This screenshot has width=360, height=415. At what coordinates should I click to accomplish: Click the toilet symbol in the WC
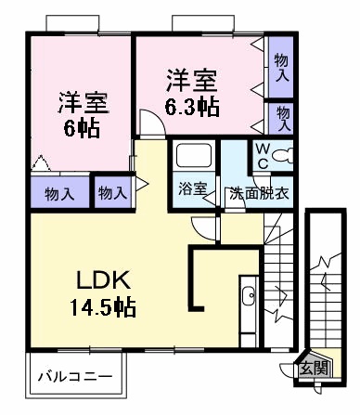(x=284, y=155)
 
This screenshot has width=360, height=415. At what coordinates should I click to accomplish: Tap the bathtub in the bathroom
(x=194, y=155)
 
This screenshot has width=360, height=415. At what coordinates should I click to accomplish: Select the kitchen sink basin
(x=248, y=296)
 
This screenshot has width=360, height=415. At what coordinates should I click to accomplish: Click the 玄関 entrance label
(x=314, y=369)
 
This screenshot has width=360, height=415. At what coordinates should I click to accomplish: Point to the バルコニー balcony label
(x=75, y=377)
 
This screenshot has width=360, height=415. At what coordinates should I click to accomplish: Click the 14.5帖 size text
(x=103, y=307)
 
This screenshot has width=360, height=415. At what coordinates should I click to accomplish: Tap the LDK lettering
(x=103, y=279)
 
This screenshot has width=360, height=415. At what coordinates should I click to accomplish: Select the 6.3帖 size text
(x=192, y=107)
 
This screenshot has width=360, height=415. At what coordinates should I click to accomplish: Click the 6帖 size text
(x=82, y=128)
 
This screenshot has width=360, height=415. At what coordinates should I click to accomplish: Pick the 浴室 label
(x=192, y=188)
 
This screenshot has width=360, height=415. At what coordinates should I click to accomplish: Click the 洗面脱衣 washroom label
(x=259, y=193)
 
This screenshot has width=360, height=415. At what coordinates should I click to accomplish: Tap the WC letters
(x=263, y=157)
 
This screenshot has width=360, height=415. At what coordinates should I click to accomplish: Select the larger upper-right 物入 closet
(x=281, y=67)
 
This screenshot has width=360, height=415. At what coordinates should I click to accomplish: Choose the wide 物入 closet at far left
(x=60, y=192)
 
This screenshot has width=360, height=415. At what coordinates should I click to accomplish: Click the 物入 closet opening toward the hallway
(x=113, y=192)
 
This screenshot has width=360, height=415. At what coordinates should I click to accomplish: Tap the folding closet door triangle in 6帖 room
(x=41, y=162)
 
